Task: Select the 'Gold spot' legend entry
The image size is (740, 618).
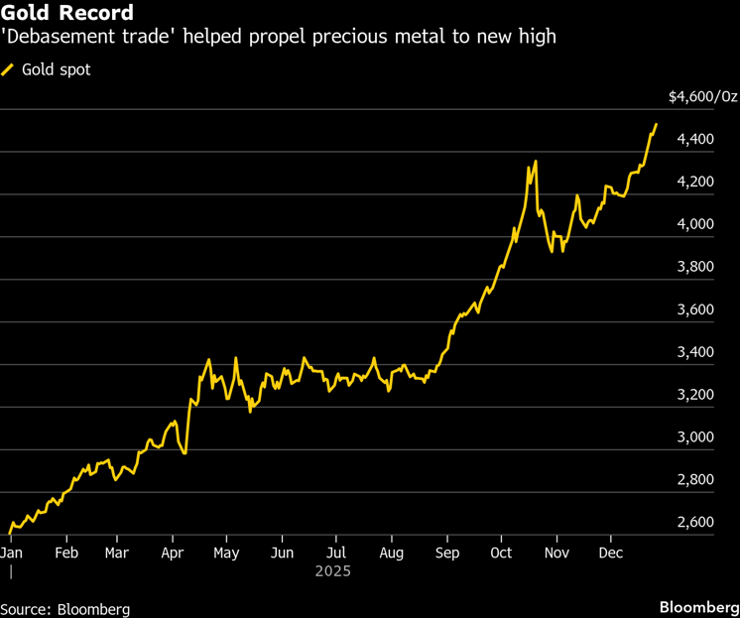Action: (56, 70)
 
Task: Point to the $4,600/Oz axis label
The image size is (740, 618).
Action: (702, 97)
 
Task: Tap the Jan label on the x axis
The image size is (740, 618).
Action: (12, 553)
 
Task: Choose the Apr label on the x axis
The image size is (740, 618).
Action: (173, 553)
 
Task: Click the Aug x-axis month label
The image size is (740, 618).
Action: (392, 553)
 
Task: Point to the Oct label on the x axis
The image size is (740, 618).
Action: (502, 553)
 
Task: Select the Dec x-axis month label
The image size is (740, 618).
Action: (612, 553)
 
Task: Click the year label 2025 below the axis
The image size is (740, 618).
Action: (333, 572)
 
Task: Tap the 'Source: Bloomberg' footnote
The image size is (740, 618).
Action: (65, 608)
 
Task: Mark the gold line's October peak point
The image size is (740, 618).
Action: (536, 162)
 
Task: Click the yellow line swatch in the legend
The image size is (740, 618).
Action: (8, 70)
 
